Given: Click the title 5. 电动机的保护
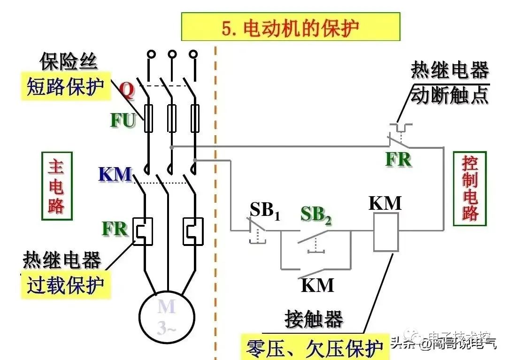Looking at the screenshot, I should tap(291, 28).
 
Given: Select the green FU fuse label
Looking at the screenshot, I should tap(123, 121).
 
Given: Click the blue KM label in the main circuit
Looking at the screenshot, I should tap(115, 175).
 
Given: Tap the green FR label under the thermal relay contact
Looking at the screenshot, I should tap(398, 160).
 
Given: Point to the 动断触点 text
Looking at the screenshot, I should tap(449, 95).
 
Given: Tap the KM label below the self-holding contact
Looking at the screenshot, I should tap(317, 285).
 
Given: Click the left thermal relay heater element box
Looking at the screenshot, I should tap(143, 231).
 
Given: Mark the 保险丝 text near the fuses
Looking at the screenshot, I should tap(69, 61).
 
